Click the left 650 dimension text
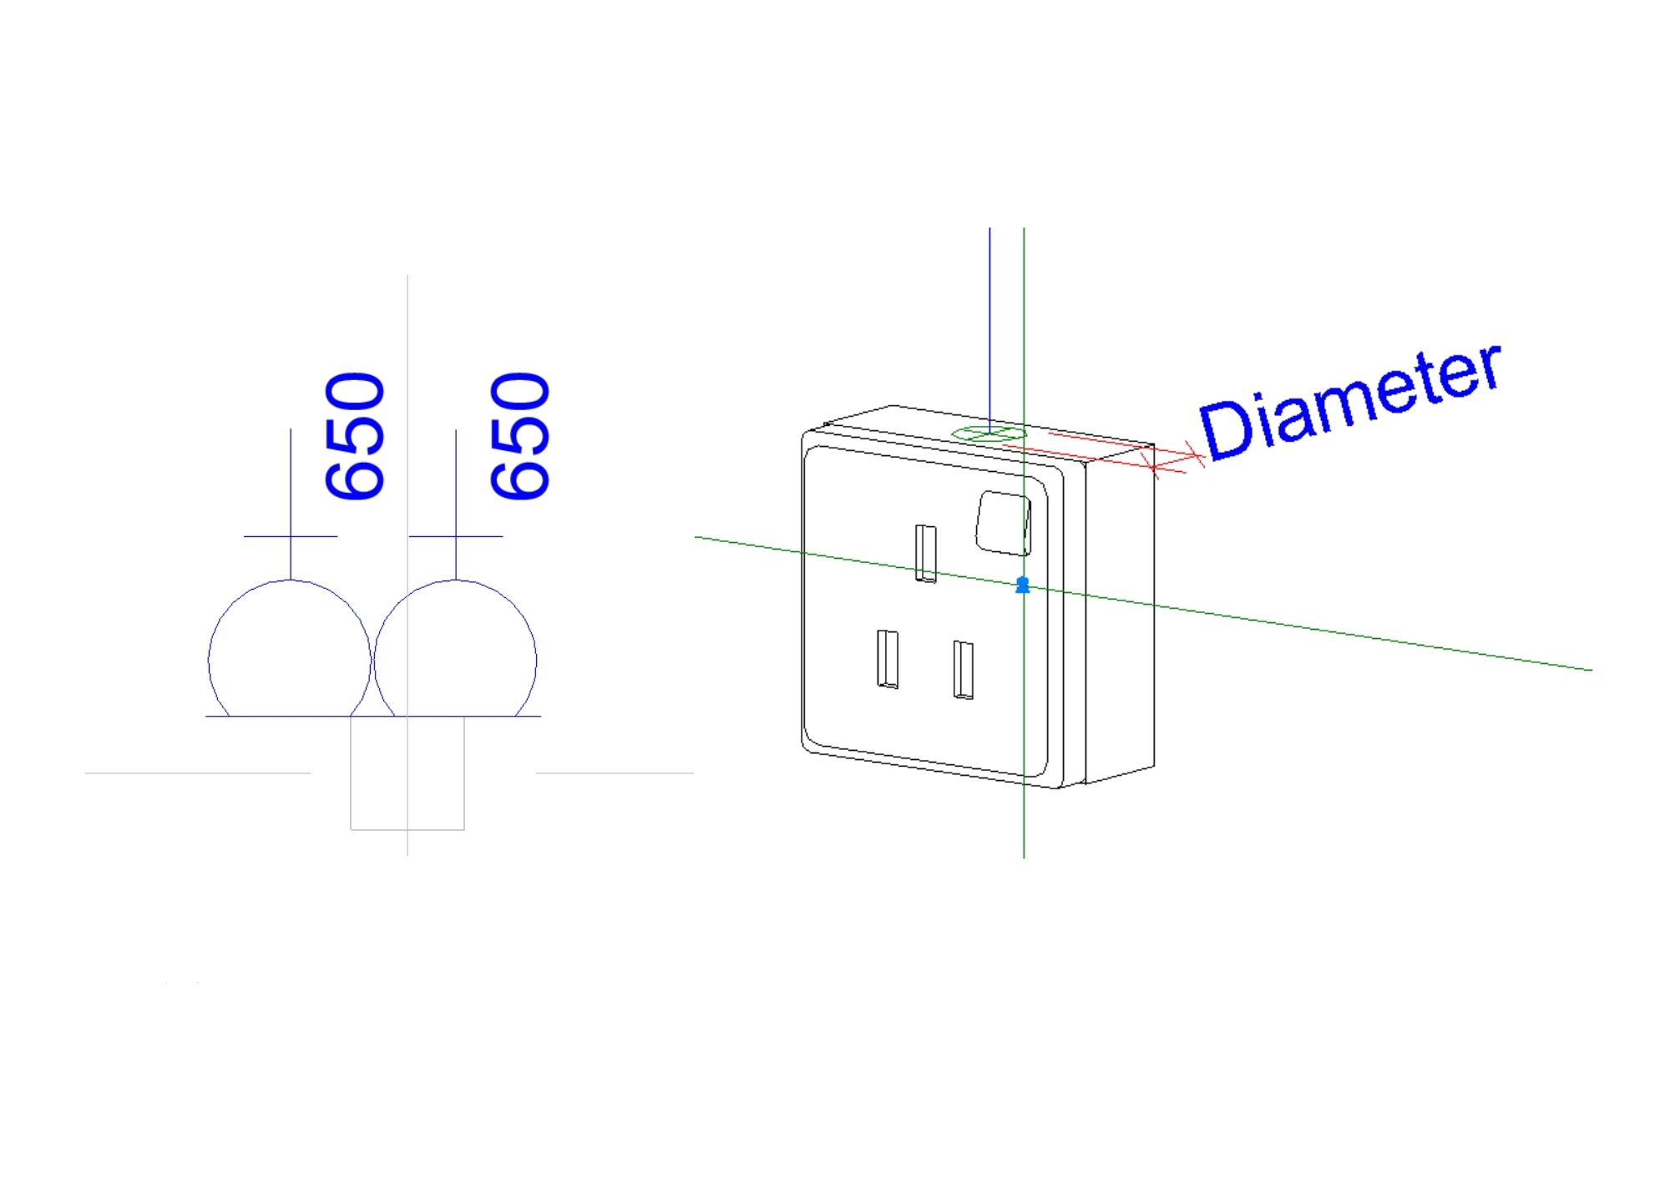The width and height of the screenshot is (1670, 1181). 355,436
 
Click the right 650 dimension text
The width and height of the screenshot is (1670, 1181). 520,436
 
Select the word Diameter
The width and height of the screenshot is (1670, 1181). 1349,402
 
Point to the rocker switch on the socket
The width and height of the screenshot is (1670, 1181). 1005,523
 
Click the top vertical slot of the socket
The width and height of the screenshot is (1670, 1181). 925,552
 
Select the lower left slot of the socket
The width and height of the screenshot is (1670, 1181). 888,659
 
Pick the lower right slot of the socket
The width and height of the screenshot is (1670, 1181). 963,669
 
